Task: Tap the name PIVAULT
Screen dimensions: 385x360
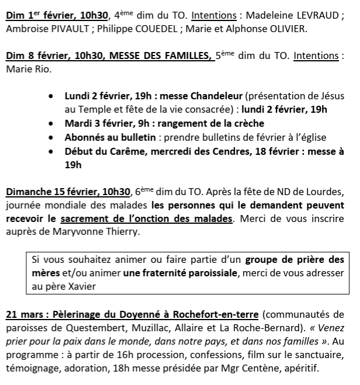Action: pyautogui.click(x=71, y=29)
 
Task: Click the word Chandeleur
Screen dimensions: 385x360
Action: pyautogui.click(x=216, y=96)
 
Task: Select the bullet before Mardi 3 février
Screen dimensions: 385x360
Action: pyautogui.click(x=53, y=124)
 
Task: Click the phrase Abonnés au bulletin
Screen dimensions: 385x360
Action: pyautogui.click(x=110, y=138)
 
